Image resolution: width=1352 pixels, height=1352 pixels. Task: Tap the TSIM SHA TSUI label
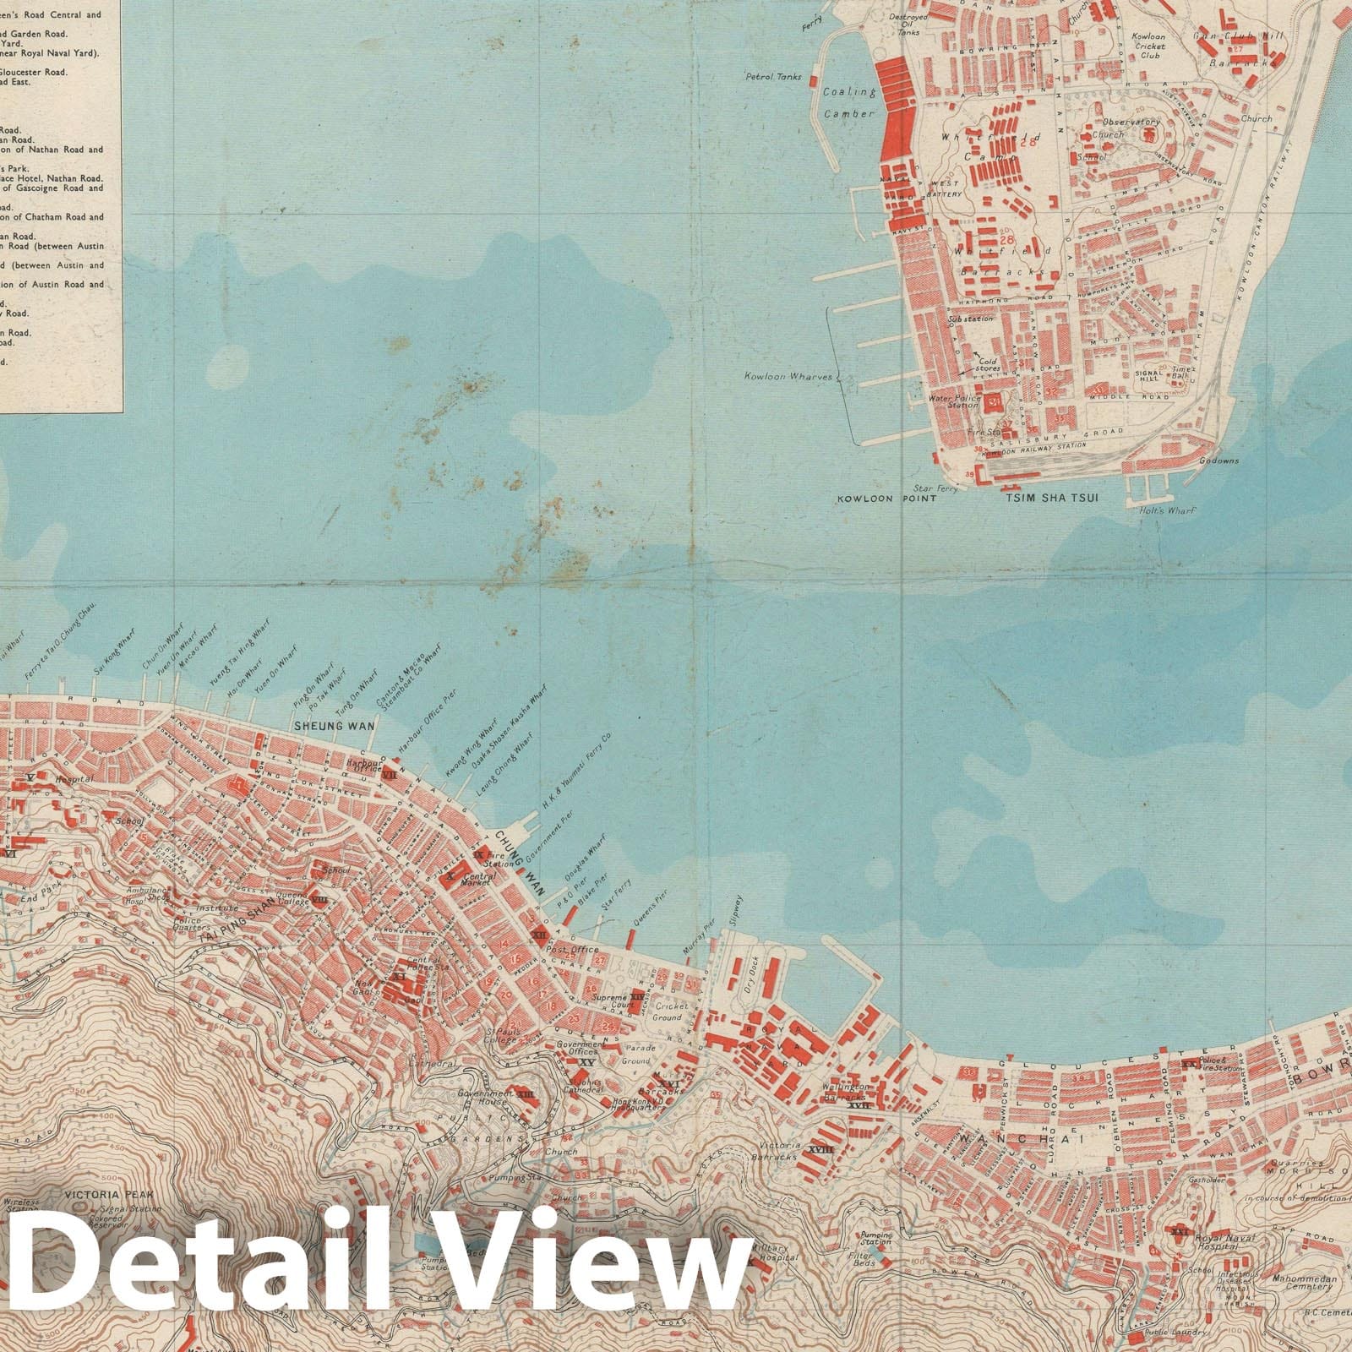(x=1051, y=499)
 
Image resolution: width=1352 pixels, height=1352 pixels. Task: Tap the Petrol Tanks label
(x=771, y=77)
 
